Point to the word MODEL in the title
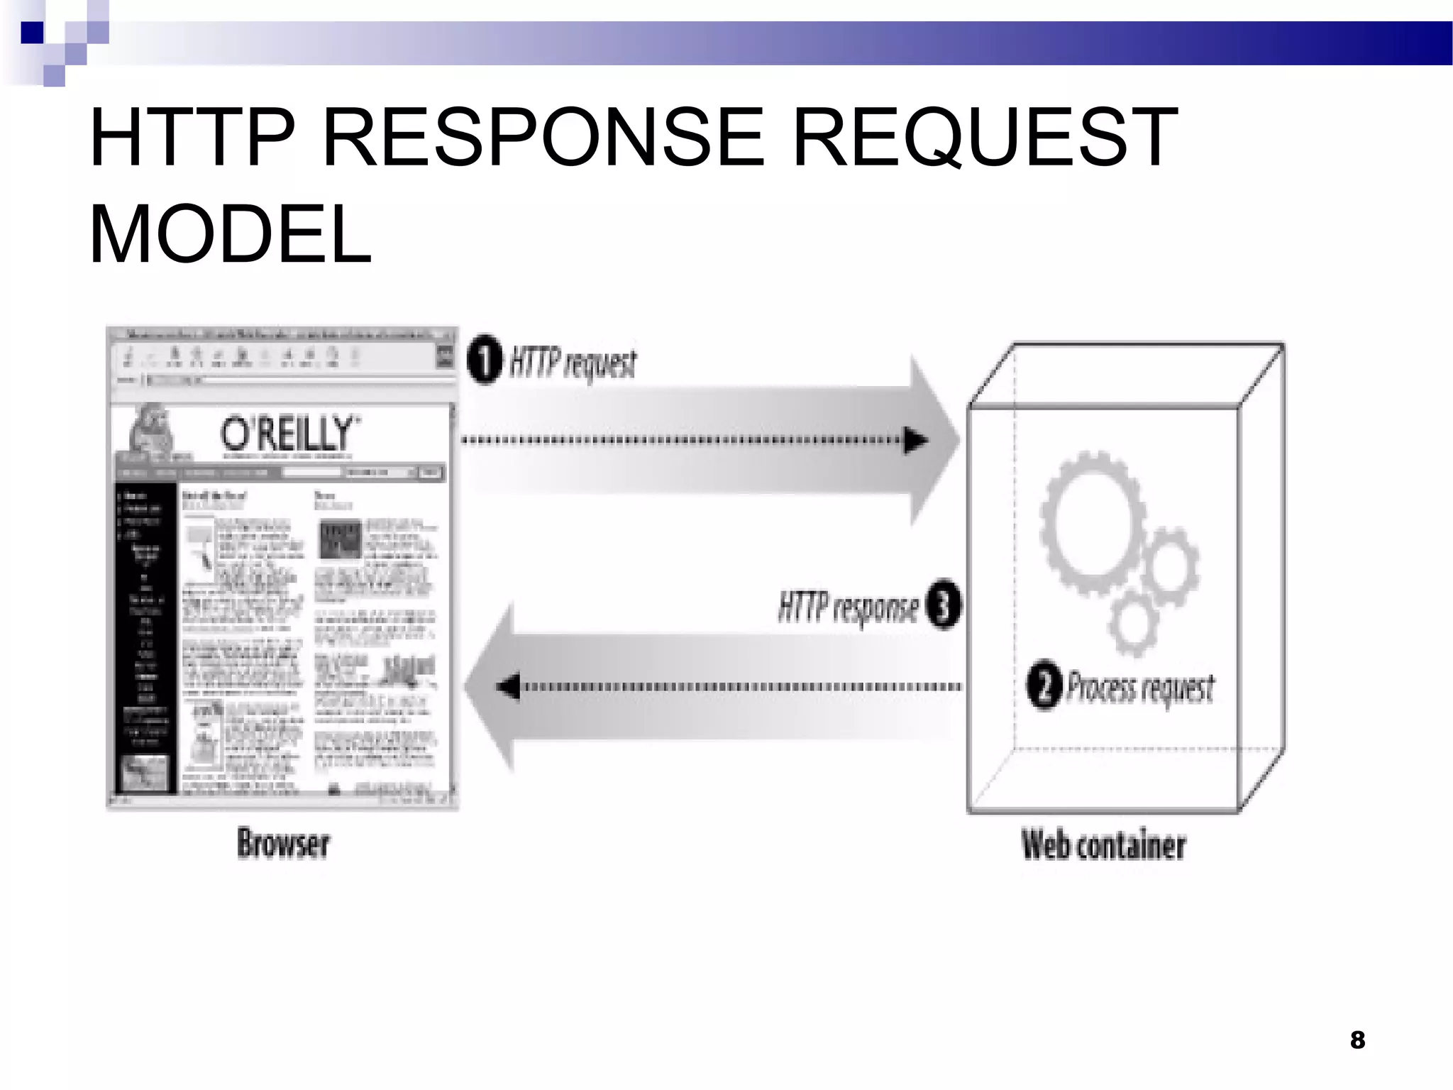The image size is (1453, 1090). [230, 233]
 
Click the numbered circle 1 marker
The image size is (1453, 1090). [485, 361]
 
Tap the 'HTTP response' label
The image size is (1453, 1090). [848, 608]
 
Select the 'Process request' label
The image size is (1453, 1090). [1141, 688]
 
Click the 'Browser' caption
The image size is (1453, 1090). [283, 844]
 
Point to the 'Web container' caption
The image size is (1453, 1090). [1103, 844]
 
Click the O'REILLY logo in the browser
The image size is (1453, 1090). [286, 433]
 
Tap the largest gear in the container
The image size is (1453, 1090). [1093, 522]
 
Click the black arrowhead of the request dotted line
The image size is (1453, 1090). [915, 441]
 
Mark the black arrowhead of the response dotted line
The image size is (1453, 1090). [509, 687]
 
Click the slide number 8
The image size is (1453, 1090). [1357, 1040]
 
